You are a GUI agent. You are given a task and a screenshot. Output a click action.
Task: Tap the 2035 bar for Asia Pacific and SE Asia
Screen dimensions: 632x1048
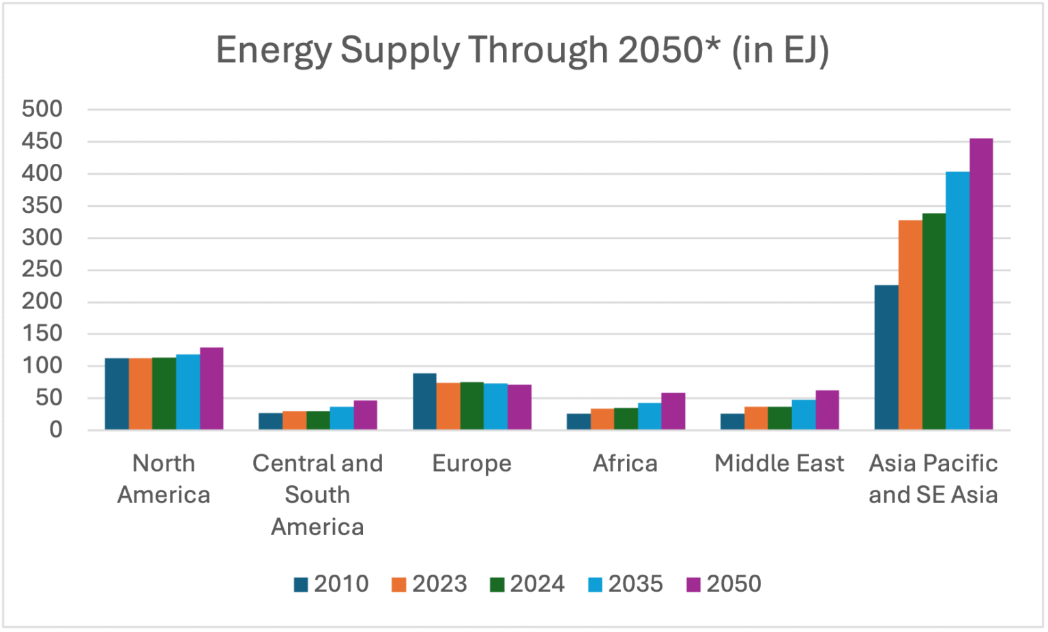957,300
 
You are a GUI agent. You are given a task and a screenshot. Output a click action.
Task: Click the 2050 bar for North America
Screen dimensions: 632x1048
212,388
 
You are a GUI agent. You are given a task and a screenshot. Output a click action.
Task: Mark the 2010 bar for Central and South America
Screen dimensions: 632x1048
270,421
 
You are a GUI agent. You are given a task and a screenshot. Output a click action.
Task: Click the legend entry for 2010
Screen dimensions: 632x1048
332,584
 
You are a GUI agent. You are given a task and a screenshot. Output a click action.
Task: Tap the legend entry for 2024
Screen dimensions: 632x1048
527,584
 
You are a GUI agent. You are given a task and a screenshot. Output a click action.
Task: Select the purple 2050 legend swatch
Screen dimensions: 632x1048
693,585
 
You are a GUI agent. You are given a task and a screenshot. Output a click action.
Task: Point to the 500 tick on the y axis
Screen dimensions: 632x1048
42,109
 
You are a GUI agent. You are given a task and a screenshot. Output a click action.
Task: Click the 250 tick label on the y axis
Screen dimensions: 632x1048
42,269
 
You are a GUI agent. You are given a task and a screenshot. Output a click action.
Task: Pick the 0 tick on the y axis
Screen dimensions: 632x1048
55,430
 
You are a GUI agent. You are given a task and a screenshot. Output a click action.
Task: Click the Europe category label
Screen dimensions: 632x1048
471,463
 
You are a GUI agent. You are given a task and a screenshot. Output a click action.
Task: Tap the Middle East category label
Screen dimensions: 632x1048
779,463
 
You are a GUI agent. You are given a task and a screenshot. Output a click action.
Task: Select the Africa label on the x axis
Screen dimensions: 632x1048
625,463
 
